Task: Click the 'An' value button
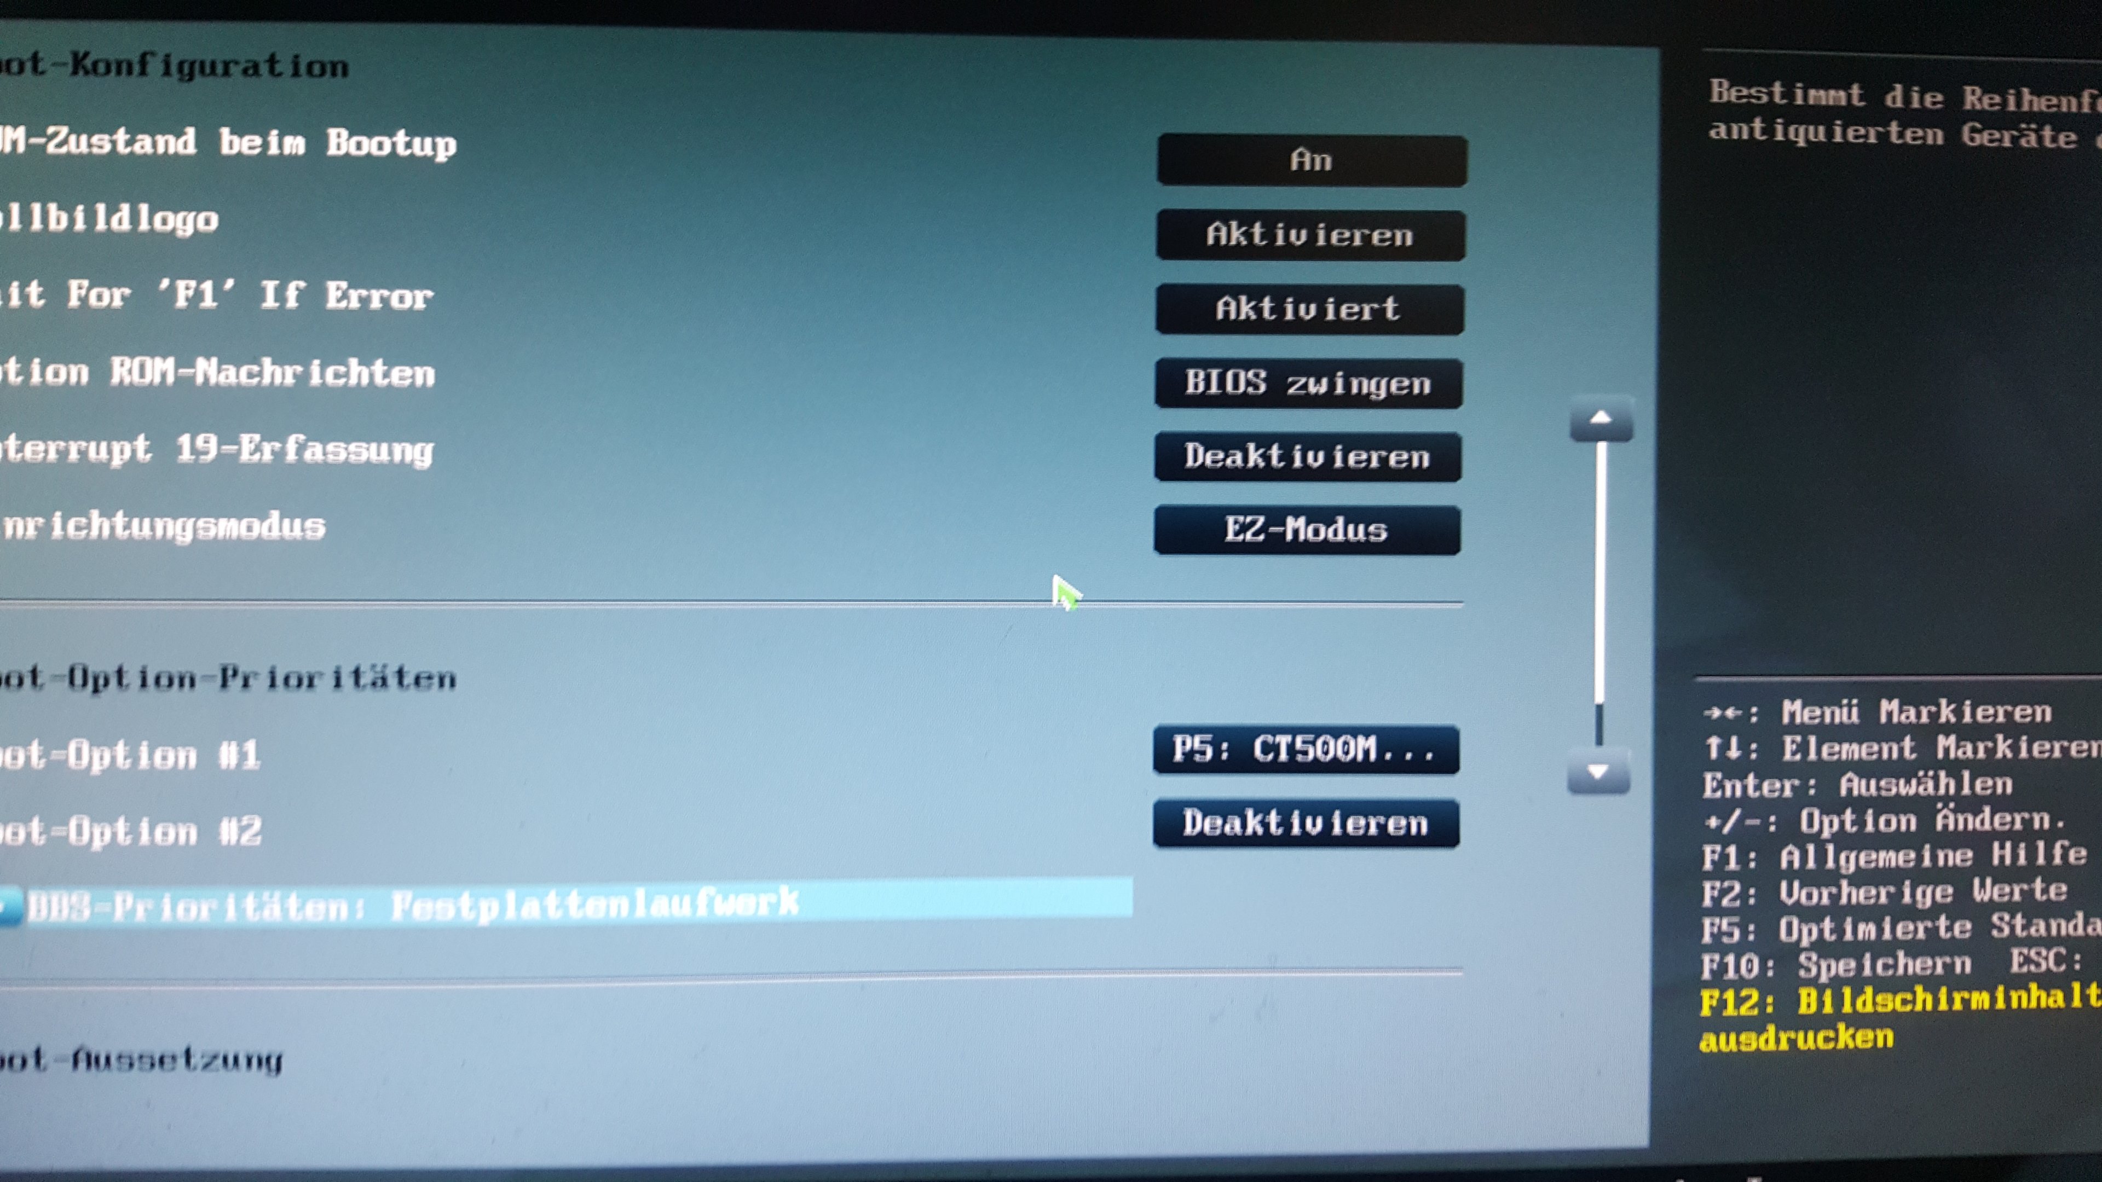[x=1312, y=161]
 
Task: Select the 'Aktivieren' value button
[x=1310, y=235]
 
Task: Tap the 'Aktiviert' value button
[x=1309, y=309]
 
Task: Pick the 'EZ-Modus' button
[x=1307, y=530]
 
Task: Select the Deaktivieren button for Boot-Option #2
[x=1306, y=823]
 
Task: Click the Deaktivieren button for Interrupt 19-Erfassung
[x=1307, y=457]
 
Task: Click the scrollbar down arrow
[x=1598, y=771]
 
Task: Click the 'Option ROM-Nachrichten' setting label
[x=216, y=373]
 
